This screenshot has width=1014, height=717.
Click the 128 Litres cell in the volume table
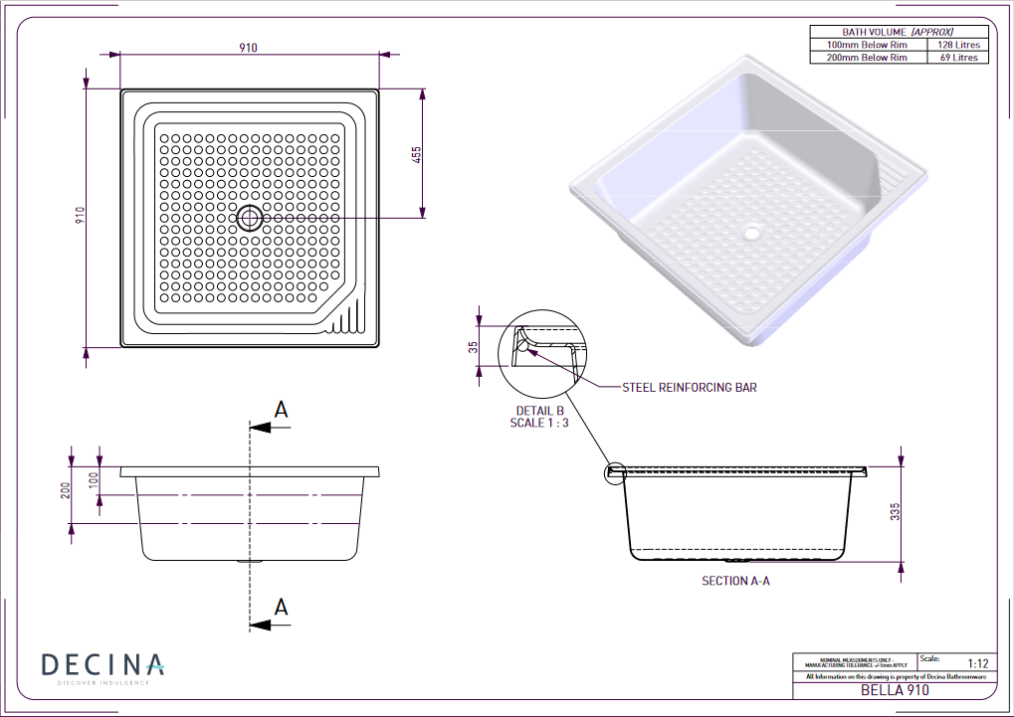pos(959,45)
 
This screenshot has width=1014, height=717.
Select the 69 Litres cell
pos(959,58)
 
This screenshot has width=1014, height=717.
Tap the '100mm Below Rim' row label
pos(868,45)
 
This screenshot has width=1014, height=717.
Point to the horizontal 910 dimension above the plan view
pos(248,48)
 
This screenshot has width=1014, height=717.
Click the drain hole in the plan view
pos(250,218)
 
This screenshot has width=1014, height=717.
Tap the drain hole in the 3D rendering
pos(751,235)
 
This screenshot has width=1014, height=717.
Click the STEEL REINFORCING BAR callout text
pos(689,387)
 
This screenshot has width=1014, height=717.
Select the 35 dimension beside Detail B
pos(474,347)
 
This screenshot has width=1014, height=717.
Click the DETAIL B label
pos(539,410)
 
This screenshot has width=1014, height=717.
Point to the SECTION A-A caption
pos(735,581)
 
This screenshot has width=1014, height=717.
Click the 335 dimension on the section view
pos(895,512)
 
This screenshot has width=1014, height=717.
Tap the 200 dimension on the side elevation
pos(66,491)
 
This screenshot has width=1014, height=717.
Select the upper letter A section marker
pos(282,410)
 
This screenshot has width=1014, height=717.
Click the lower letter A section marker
pos(282,607)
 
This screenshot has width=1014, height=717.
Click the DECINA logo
pos(102,665)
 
